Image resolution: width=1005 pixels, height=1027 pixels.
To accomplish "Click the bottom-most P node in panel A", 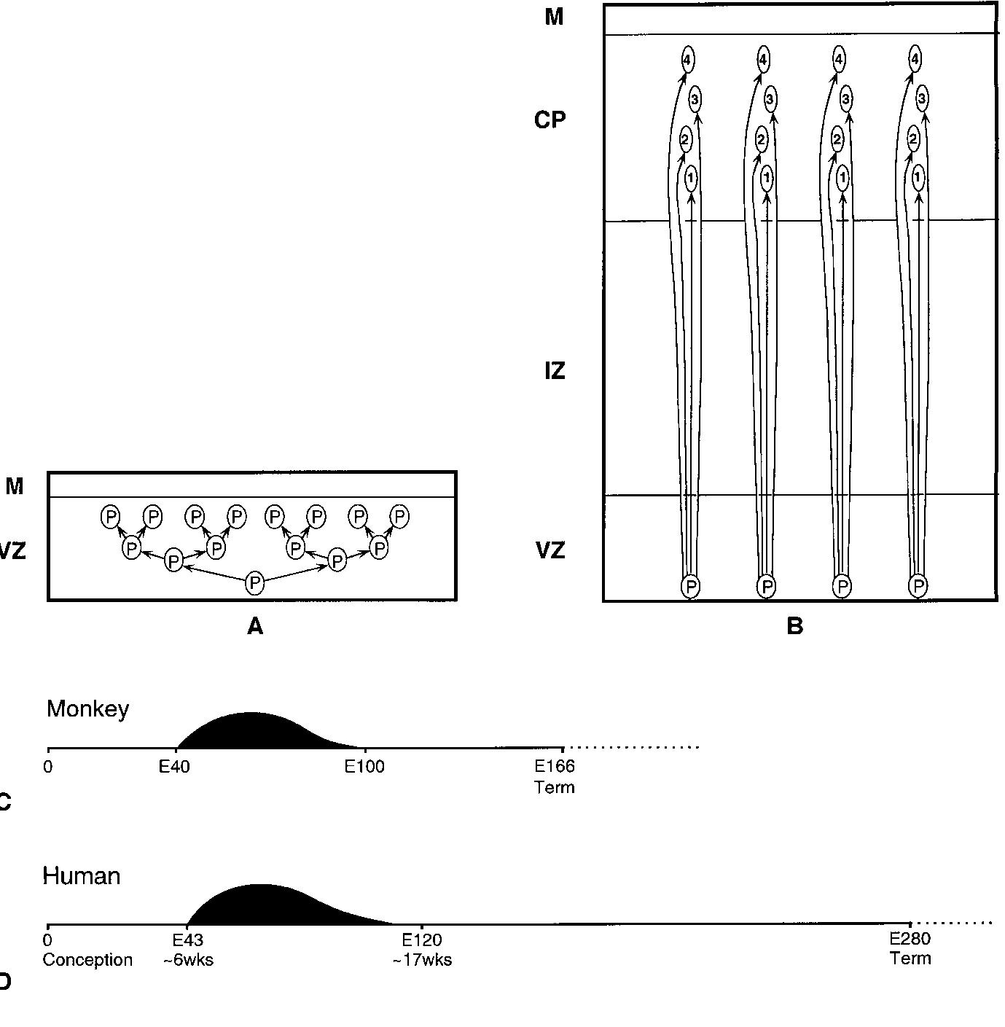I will (254, 582).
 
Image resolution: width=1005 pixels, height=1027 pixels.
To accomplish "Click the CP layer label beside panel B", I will (550, 120).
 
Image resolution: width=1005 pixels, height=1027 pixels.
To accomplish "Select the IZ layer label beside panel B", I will (554, 371).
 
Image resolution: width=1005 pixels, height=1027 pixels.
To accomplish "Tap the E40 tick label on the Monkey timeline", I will (175, 767).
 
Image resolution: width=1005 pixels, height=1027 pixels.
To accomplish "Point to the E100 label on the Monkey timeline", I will (364, 767).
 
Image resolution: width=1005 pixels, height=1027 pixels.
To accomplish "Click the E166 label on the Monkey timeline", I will (555, 767).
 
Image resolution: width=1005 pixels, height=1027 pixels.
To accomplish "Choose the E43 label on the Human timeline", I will (187, 940).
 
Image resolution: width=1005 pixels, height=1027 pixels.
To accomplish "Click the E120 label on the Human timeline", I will (422, 940).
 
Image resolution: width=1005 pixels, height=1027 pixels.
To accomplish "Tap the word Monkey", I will (87, 708).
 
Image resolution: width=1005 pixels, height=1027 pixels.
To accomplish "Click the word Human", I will (82, 875).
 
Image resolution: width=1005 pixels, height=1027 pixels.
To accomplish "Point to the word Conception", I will (87, 960).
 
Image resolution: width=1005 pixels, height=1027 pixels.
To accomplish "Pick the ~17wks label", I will (422, 960).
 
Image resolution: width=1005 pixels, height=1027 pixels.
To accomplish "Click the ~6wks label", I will (188, 960).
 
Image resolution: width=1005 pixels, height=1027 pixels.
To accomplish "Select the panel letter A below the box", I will (254, 626).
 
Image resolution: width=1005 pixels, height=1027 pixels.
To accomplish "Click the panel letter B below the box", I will (795, 626).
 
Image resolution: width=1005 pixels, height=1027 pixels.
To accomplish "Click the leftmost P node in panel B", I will (690, 586).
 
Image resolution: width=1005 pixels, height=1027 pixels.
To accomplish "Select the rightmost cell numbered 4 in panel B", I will (915, 58).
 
